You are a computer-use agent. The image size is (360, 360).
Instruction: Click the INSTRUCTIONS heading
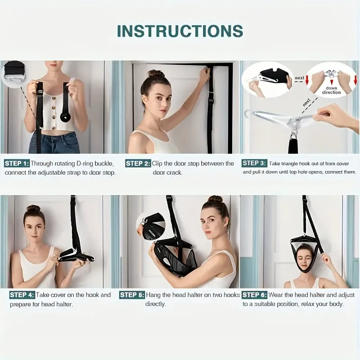click(x=180, y=31)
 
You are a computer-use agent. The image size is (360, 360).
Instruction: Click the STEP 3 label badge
click(x=254, y=163)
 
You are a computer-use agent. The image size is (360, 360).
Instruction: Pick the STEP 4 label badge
click(x=22, y=295)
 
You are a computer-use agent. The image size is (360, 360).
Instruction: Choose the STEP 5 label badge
click(x=131, y=295)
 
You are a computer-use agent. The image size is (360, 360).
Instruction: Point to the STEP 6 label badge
click(x=254, y=295)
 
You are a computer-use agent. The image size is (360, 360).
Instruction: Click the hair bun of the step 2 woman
click(x=156, y=74)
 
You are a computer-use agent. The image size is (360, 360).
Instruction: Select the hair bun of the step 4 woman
click(x=33, y=208)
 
